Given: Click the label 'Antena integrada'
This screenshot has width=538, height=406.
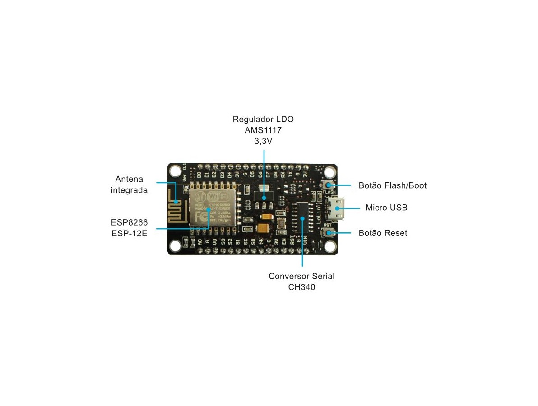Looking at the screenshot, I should [129, 184].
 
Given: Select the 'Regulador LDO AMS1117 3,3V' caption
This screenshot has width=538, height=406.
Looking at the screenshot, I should [263, 130].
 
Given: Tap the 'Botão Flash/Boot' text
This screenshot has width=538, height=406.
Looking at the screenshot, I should [392, 185].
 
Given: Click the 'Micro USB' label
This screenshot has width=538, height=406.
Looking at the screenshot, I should [386, 208].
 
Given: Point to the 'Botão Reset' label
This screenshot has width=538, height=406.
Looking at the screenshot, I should [383, 233].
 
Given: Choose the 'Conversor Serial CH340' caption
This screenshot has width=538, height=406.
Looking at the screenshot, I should [301, 281].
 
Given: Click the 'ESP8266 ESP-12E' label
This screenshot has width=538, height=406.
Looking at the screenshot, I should [129, 228].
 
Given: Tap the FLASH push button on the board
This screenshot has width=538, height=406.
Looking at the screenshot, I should [329, 185].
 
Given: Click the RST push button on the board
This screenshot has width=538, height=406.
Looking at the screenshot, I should [329, 233].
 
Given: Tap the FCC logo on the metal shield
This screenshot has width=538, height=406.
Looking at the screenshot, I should [199, 217].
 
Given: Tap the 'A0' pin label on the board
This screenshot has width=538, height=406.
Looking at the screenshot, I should [199, 242].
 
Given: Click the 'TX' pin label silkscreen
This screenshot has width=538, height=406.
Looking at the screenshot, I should [290, 174].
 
